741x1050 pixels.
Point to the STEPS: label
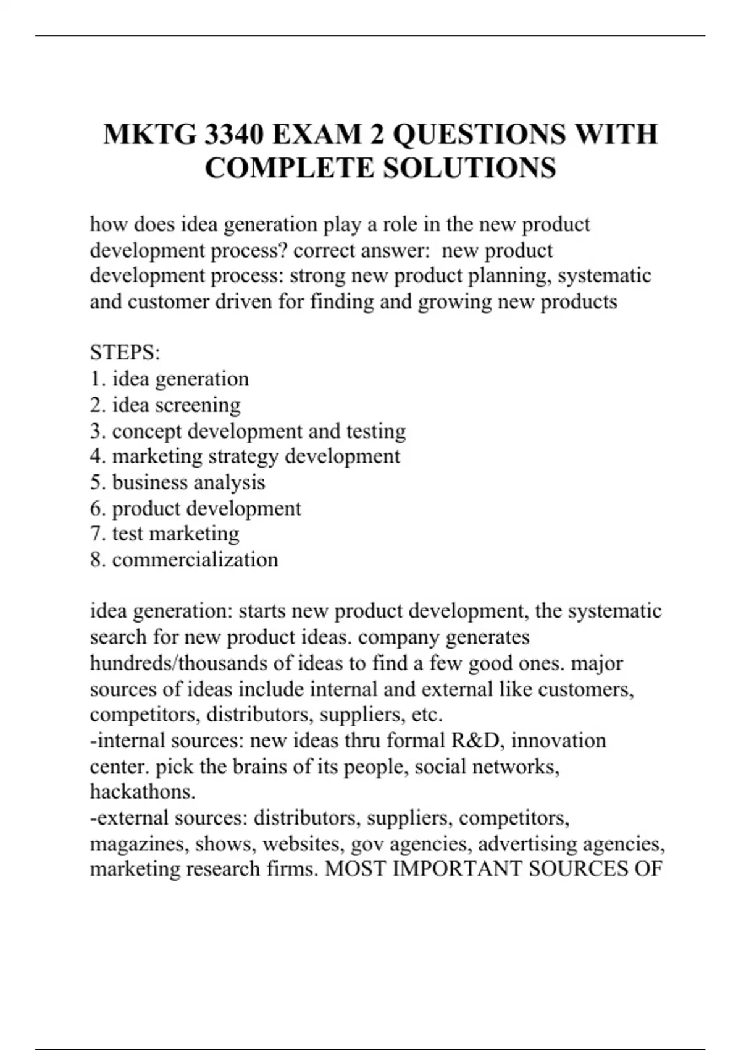(125, 353)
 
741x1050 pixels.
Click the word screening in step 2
(199, 405)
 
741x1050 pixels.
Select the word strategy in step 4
(244, 457)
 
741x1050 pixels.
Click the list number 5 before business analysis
(96, 482)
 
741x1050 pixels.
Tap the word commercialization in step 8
(195, 560)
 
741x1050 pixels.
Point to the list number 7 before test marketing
(96, 534)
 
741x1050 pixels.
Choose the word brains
(259, 766)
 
